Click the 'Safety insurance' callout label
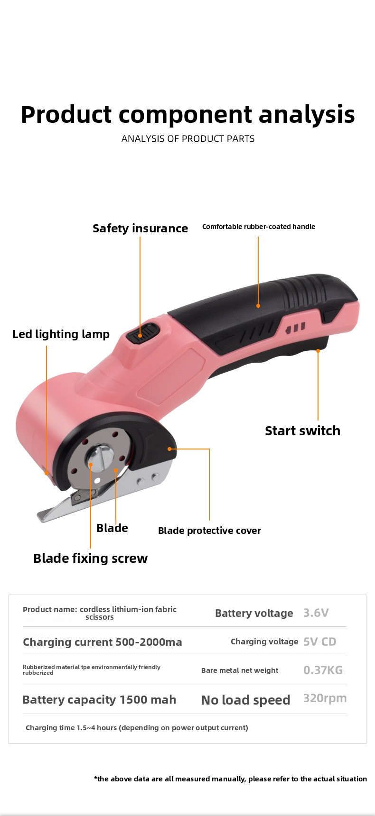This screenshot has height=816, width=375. [140, 228]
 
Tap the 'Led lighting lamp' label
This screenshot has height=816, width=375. [61, 334]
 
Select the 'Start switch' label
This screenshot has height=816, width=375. [302, 431]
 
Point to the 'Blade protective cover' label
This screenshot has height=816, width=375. [209, 531]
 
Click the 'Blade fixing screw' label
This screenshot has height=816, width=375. [90, 558]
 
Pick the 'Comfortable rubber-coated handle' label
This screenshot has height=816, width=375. [259, 227]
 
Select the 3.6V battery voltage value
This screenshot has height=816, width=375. [316, 613]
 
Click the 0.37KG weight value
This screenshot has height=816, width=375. [323, 670]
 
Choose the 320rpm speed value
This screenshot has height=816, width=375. [325, 698]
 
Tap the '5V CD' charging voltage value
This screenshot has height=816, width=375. [320, 642]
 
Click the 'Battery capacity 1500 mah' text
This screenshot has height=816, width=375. [99, 700]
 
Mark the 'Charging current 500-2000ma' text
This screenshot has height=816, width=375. [103, 642]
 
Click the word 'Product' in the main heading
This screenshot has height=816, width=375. [66, 115]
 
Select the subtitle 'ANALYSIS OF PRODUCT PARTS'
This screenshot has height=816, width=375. [188, 138]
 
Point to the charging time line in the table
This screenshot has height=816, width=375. [137, 728]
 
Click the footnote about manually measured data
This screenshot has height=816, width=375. [230, 779]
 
